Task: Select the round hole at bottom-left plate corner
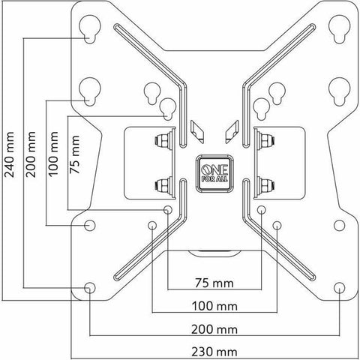click(x=89, y=287)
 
